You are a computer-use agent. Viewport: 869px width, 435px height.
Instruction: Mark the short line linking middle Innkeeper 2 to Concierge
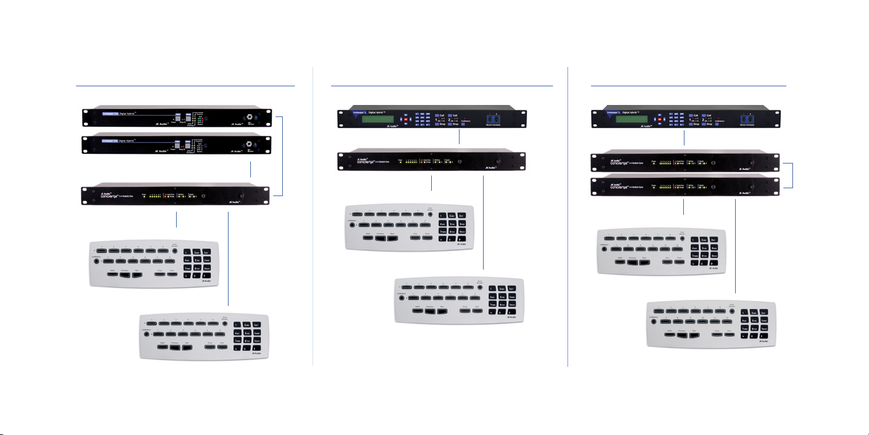tap(460, 138)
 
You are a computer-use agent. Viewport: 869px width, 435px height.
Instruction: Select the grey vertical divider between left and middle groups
tap(313, 217)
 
